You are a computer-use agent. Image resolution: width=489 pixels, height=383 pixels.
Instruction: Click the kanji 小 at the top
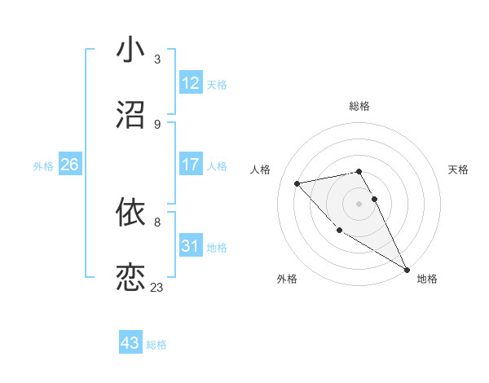(x=130, y=51)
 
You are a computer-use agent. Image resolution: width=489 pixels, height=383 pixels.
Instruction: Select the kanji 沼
(x=130, y=115)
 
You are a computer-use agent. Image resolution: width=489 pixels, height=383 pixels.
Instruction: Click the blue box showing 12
(x=191, y=83)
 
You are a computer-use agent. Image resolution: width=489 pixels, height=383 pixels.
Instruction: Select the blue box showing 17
(x=191, y=165)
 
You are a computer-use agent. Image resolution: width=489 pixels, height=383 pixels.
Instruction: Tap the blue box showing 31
(x=191, y=245)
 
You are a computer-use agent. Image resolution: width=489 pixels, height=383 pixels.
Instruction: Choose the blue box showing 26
(x=69, y=165)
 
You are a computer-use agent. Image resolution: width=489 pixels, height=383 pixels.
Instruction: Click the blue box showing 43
(x=130, y=343)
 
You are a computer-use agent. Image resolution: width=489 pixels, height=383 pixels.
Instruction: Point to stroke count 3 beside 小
(x=157, y=59)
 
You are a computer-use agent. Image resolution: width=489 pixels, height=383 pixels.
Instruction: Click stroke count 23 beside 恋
(x=157, y=288)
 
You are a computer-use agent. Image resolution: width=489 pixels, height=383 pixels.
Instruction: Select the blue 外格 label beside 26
(x=43, y=165)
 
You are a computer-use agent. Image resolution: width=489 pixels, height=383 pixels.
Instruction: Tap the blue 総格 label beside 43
(x=156, y=345)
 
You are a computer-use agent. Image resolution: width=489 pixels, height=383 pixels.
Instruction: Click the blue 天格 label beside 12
(x=217, y=85)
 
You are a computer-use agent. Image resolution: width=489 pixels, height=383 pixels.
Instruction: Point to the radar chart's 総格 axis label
(x=359, y=106)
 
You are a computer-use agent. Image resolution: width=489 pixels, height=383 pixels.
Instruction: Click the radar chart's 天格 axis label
(x=459, y=169)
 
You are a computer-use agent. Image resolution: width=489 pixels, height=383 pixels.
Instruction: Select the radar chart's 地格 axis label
(x=427, y=279)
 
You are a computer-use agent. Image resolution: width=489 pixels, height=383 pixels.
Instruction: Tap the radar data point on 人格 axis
(x=297, y=183)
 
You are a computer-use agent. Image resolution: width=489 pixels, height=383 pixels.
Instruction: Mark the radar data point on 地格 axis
(x=407, y=270)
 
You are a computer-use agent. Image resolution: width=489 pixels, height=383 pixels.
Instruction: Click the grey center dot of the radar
(x=359, y=203)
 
